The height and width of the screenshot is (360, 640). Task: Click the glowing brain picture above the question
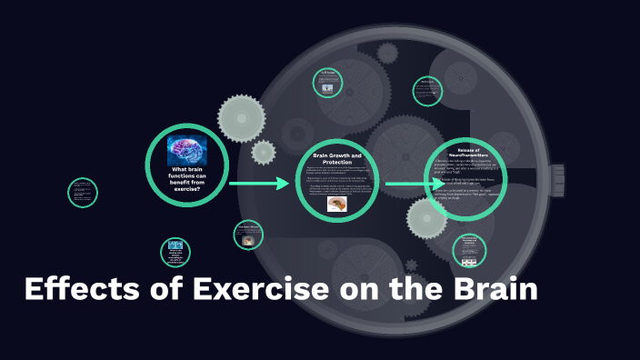[186, 148]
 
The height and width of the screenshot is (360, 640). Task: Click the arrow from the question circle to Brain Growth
[258, 184]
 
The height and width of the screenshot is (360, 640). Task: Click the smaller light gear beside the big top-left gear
[264, 152]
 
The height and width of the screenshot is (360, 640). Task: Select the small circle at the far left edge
[83, 192]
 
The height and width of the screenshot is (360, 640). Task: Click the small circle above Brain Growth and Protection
[327, 83]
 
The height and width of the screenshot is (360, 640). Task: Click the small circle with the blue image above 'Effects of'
[175, 251]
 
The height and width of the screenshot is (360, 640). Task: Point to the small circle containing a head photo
[247, 235]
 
